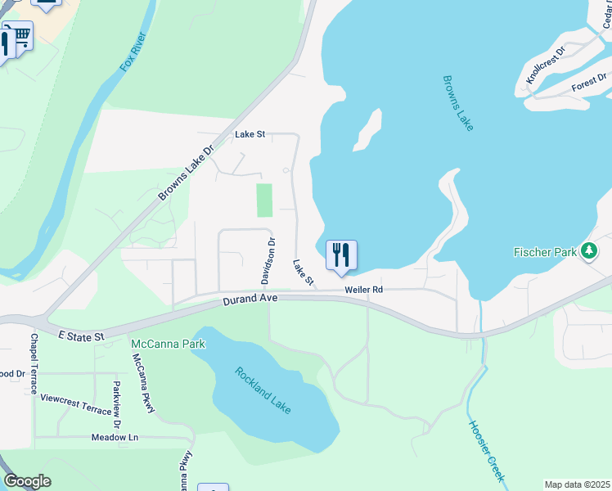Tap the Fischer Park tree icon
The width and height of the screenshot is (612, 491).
[589, 251]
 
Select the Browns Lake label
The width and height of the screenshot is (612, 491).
[458, 103]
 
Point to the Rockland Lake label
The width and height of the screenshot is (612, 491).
[263, 390]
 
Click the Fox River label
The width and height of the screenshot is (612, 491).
[134, 52]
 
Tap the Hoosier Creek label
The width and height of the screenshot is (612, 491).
[487, 450]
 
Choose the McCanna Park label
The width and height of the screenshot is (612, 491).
[168, 344]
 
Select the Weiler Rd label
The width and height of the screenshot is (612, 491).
[363, 290]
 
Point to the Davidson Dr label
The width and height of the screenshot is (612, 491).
[268, 261]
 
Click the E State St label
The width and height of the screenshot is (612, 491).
[82, 336]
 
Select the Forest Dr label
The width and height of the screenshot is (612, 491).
[589, 82]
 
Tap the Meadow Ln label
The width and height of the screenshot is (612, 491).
[115, 437]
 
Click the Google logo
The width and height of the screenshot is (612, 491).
[27, 480]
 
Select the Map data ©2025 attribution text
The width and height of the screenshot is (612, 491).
[577, 484]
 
